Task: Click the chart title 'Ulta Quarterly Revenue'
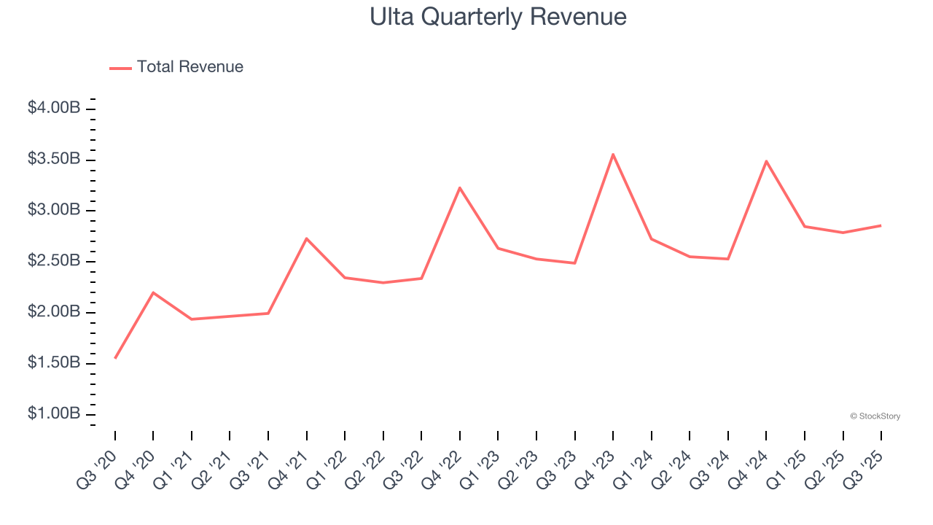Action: coord(498,17)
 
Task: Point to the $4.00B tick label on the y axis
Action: coord(54,108)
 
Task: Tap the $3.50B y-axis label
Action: coord(54,159)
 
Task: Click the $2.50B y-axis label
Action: coord(54,261)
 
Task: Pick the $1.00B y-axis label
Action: coord(54,414)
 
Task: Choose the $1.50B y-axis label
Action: coord(54,363)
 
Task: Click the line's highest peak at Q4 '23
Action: coord(613,154)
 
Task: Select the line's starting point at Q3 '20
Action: coord(115,358)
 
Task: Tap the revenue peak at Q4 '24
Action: coord(766,161)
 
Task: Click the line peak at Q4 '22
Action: coord(460,188)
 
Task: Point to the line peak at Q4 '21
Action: coord(307,238)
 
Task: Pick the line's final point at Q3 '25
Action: coord(881,225)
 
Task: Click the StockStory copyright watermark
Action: coord(875,416)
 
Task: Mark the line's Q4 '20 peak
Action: coord(153,292)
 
